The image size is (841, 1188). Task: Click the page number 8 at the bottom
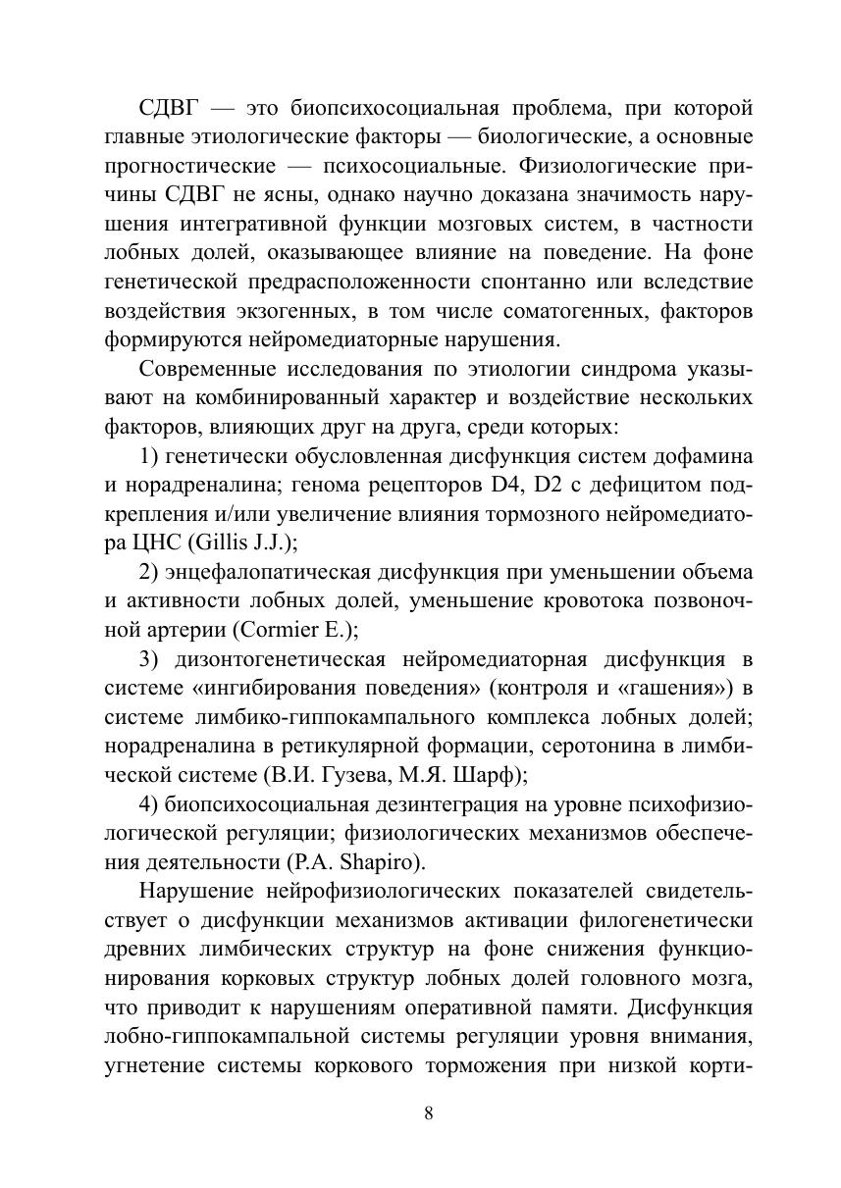click(x=428, y=1112)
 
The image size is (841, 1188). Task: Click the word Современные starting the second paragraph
click(x=204, y=369)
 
